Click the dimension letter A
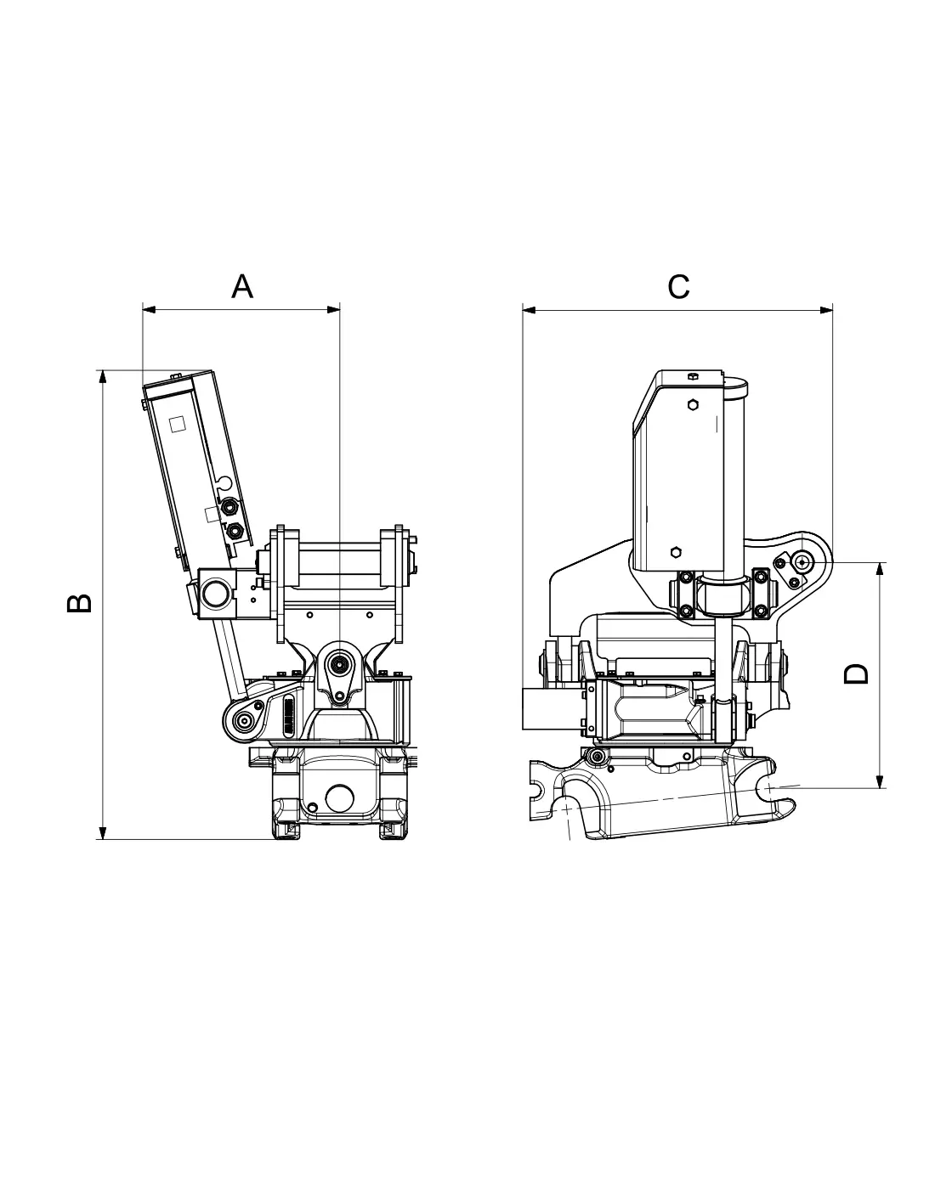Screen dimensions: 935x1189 [x=242, y=286]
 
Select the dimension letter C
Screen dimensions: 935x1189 [x=678, y=286]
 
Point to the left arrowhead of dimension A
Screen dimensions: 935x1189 [x=149, y=310]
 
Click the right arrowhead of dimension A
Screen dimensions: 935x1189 [x=333, y=310]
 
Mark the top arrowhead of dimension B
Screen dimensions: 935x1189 [x=102, y=377]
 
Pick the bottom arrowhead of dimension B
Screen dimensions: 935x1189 [x=102, y=832]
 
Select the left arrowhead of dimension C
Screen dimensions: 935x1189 [x=530, y=310]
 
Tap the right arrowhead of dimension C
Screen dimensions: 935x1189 [x=826, y=310]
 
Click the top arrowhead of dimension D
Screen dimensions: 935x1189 [x=880, y=569]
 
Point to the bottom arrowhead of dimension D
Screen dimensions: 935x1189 [x=880, y=781]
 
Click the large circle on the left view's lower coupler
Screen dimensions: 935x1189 [x=339, y=798]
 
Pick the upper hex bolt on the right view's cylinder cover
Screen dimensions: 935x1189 [x=693, y=405]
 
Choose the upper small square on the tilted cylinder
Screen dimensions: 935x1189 [x=177, y=425]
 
